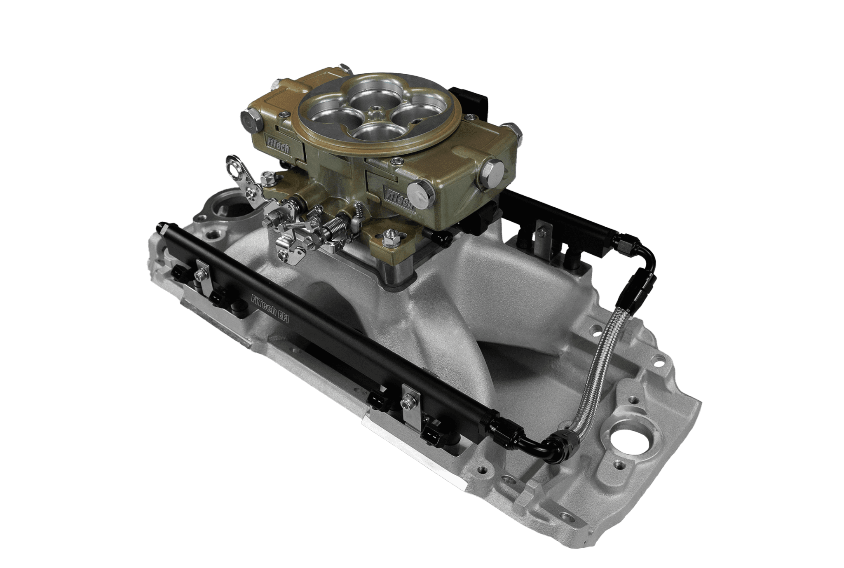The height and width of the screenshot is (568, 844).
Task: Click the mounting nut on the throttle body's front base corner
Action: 388,239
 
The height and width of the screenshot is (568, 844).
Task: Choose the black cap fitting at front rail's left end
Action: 160,228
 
